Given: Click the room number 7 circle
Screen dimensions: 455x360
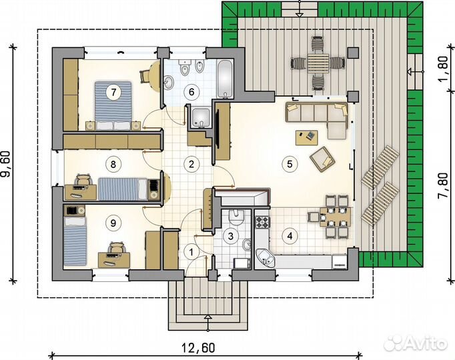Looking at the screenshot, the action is (113, 92).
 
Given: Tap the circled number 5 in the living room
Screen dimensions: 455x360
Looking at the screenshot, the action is (290, 164).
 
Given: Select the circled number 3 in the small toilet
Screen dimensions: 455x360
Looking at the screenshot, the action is (231, 236).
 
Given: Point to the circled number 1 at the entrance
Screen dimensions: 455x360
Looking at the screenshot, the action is (191, 252).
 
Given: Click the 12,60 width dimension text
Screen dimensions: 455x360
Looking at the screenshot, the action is (199, 347).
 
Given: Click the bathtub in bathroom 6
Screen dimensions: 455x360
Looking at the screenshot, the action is (225, 79).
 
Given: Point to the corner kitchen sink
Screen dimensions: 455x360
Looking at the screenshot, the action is (266, 258).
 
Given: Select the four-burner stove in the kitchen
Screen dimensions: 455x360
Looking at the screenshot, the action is (262, 222).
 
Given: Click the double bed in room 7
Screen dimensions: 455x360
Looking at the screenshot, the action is (113, 105).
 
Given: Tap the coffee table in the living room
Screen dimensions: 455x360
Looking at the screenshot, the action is (306, 137).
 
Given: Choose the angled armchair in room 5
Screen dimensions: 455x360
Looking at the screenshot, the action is (322, 159).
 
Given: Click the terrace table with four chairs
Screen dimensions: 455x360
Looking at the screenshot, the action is (318, 63).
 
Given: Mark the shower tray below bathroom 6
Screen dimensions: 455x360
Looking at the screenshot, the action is (201, 118).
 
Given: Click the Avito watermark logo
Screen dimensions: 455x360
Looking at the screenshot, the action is (415, 343).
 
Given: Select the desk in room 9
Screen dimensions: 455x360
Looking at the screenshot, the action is (114, 259).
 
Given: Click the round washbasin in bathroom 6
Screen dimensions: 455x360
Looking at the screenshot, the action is (169, 82).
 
